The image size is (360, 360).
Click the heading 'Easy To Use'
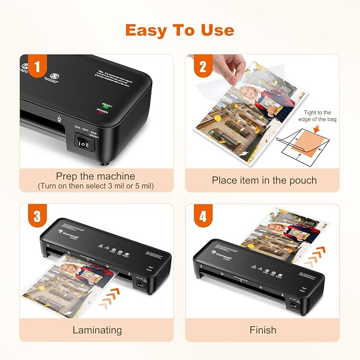[x=179, y=30]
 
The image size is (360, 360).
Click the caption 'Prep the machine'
[x=95, y=176]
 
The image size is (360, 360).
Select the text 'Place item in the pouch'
[x=264, y=180]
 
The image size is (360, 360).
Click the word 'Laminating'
[x=96, y=330]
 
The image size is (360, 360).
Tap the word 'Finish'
[x=263, y=330]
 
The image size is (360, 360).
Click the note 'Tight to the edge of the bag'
[x=318, y=116]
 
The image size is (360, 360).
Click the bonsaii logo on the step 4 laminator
[x=223, y=253]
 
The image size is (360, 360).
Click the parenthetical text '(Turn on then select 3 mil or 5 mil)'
[x=95, y=186]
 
